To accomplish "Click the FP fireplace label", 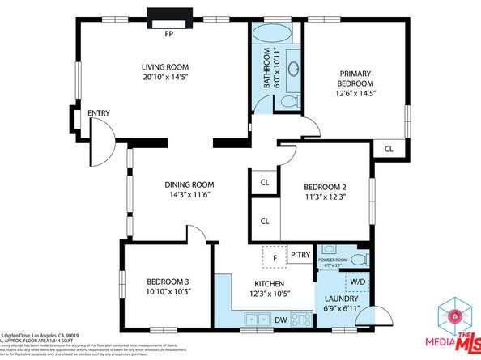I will click(x=169, y=34).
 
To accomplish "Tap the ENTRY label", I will click(x=98, y=112).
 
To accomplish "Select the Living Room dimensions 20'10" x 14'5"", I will click(x=164, y=79).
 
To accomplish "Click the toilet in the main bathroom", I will click(x=287, y=101).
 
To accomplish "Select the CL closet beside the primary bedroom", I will click(x=389, y=149).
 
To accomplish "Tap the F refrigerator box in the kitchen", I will click(x=275, y=257).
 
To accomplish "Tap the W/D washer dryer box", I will click(x=356, y=282).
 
